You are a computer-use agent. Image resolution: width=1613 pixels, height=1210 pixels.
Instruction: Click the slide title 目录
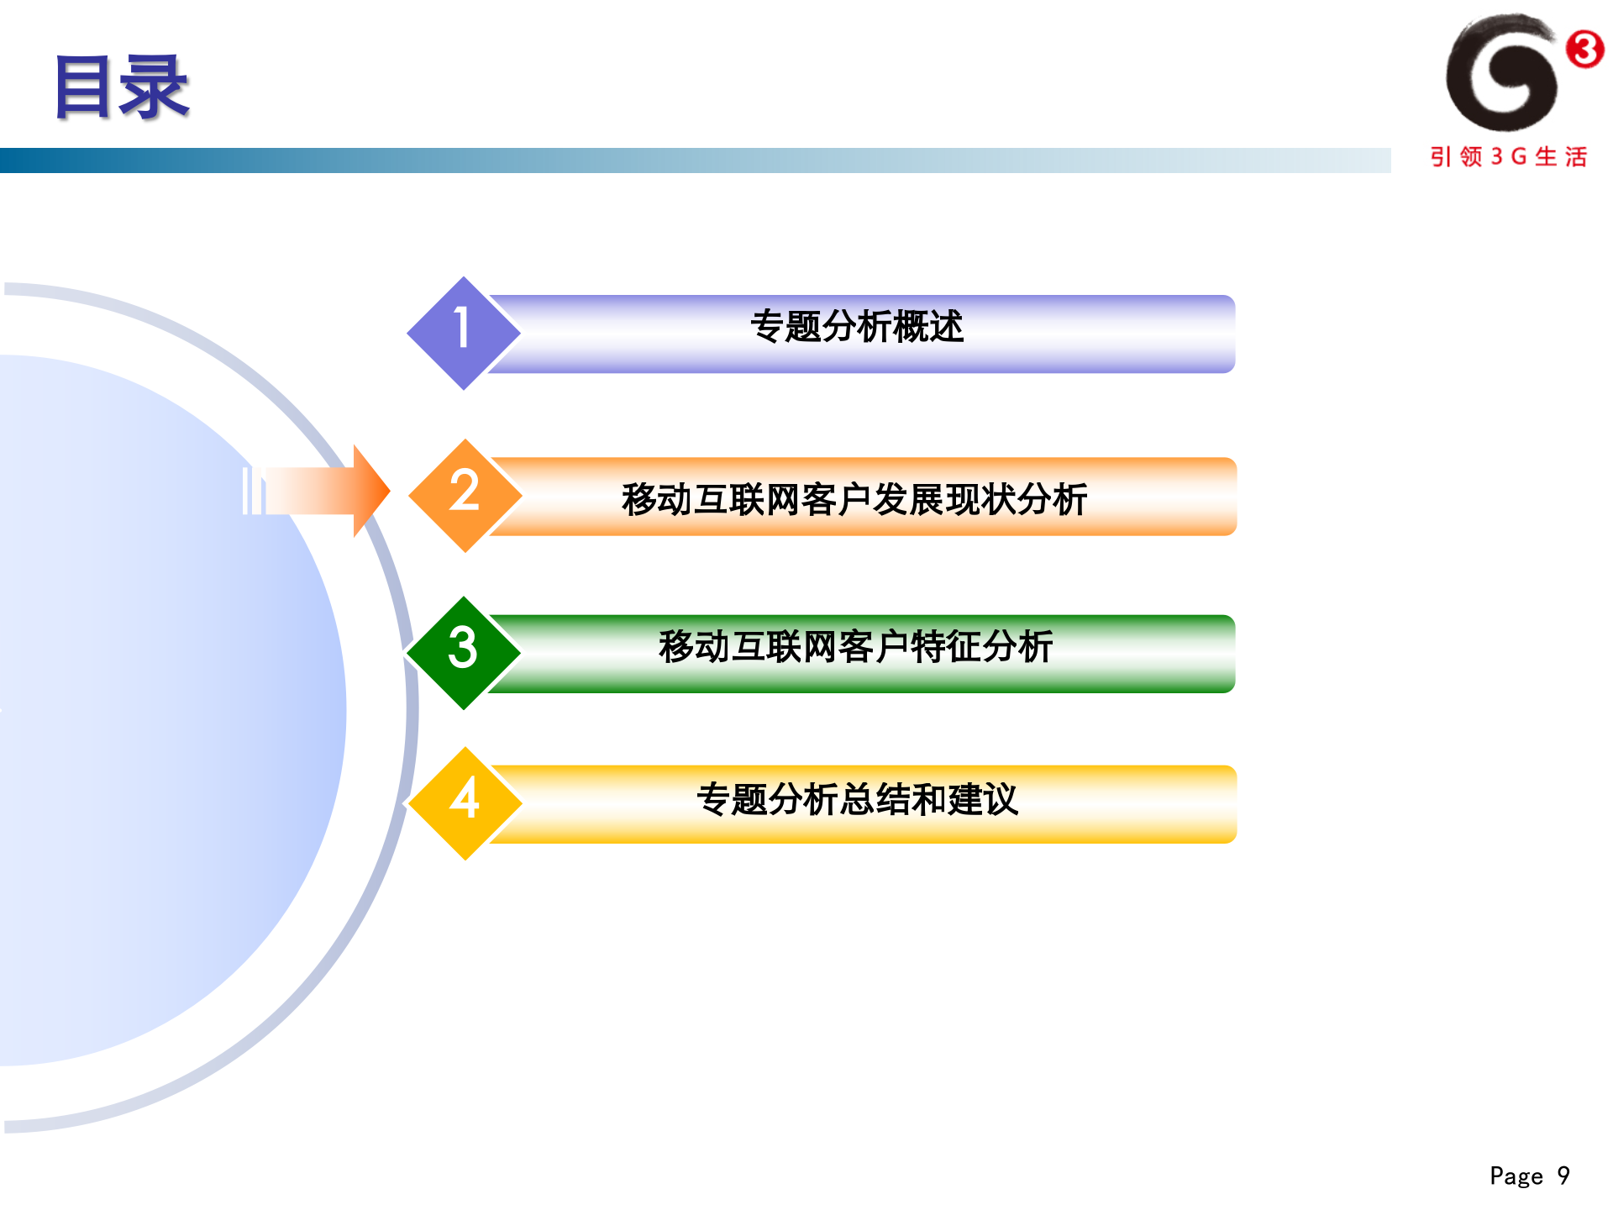pyautogui.click(x=123, y=87)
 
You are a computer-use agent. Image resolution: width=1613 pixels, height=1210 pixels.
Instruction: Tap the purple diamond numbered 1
pyautogui.click(x=463, y=333)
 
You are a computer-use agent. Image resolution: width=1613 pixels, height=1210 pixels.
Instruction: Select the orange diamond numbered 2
pyautogui.click(x=465, y=495)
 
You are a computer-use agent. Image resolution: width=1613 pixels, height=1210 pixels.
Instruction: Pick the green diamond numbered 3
pyautogui.click(x=463, y=652)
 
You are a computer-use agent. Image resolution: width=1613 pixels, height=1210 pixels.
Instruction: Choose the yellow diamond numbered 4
pyautogui.click(x=465, y=802)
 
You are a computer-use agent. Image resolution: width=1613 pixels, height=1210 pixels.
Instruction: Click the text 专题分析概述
pyautogui.click(x=856, y=327)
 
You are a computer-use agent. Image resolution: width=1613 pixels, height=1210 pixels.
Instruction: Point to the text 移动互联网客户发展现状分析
pyautogui.click(x=854, y=500)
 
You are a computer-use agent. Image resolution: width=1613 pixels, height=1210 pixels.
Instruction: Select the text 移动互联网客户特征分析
pyautogui.click(x=855, y=647)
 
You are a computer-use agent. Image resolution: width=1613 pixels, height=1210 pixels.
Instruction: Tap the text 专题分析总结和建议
pyautogui.click(x=857, y=799)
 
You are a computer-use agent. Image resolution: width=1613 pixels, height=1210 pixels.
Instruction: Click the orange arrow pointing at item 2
pyautogui.click(x=328, y=491)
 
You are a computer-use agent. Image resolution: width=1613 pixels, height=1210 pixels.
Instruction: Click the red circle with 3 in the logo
pyautogui.click(x=1584, y=49)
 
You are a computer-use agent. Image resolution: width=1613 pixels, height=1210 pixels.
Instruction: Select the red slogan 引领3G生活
pyautogui.click(x=1509, y=157)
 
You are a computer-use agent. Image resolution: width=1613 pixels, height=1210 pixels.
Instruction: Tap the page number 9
pyautogui.click(x=1563, y=1175)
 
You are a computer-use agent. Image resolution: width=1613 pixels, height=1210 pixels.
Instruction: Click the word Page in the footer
pyautogui.click(x=1516, y=1176)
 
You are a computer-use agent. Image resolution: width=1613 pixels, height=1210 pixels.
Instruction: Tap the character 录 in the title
pyautogui.click(x=155, y=87)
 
